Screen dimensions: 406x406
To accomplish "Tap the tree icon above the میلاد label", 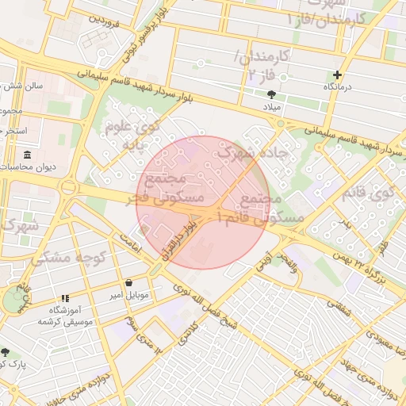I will click(x=272, y=94).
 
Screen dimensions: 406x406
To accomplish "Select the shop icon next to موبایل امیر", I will click(x=128, y=282).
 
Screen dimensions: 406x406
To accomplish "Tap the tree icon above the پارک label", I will click(x=6, y=351).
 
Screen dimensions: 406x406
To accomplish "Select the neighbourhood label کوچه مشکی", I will click(x=63, y=257).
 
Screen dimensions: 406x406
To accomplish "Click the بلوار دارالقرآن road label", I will click(x=182, y=242).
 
